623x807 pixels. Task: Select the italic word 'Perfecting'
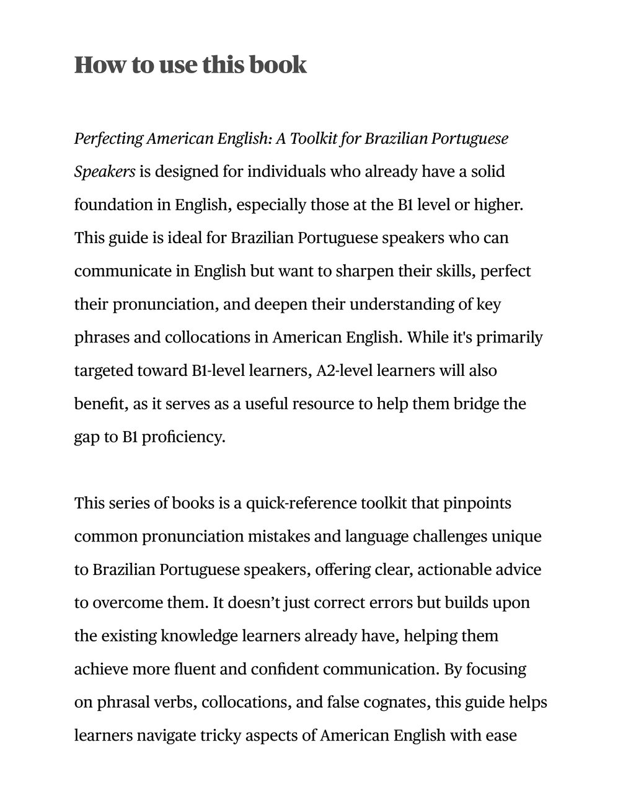pos(108,138)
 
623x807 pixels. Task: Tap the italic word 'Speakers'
pos(105,172)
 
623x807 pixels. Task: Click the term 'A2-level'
pos(345,371)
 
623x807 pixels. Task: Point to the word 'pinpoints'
pos(477,503)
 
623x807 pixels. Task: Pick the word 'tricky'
pos(220,736)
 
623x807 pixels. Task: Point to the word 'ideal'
pos(184,238)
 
